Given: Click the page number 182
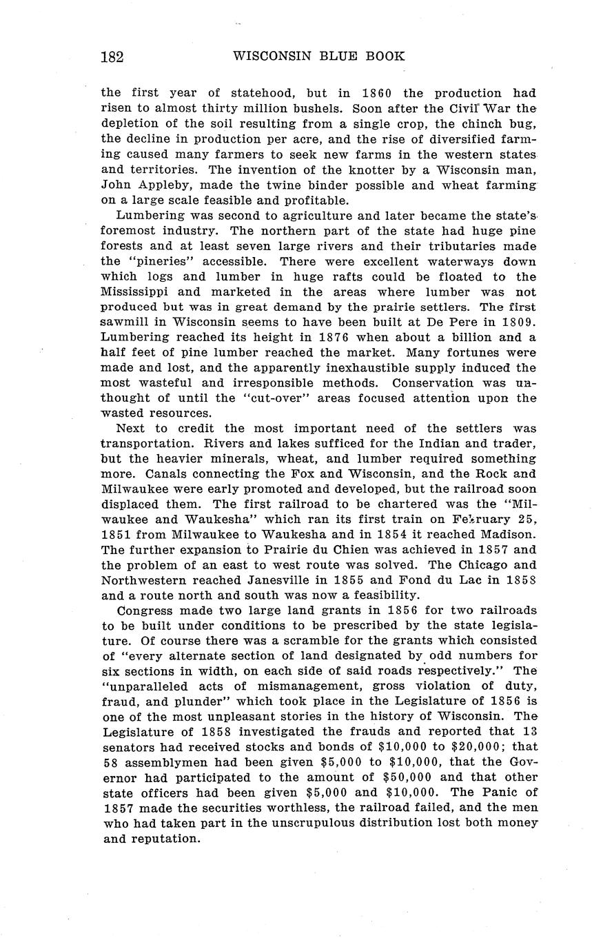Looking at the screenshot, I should (112, 57).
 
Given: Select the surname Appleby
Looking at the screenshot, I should (159, 185).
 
